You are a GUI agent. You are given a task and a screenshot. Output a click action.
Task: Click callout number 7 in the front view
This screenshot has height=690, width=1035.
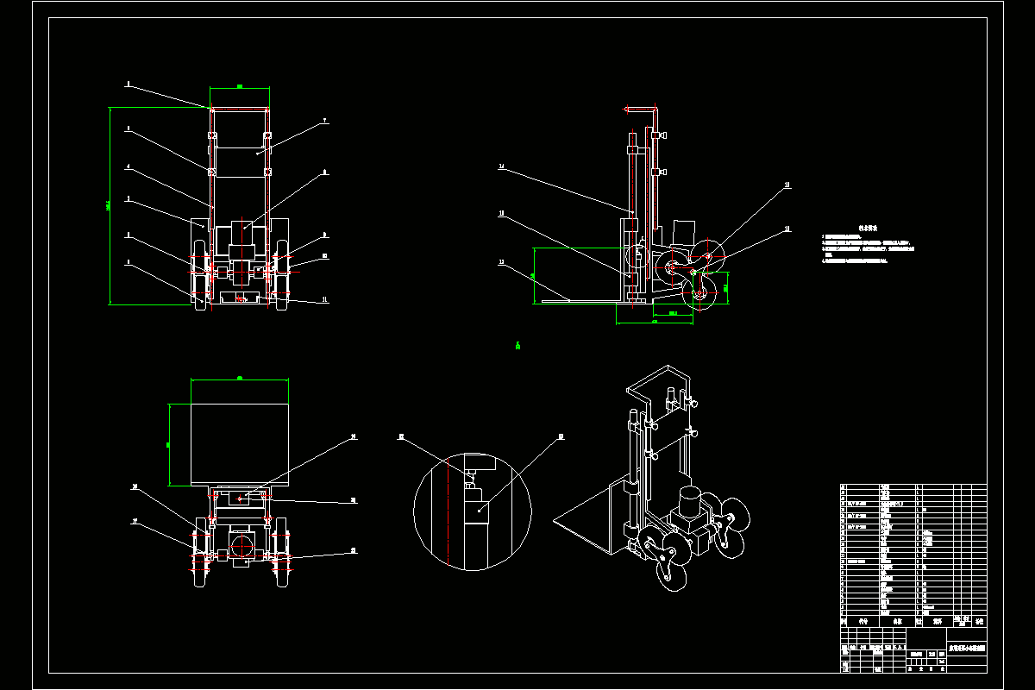click(324, 122)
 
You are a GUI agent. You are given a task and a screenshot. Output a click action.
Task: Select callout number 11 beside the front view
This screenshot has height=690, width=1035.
click(324, 299)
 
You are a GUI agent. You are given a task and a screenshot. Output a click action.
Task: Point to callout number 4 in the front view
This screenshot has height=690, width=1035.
click(128, 166)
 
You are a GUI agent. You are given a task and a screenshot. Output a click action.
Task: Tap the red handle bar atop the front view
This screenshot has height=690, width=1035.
click(240, 110)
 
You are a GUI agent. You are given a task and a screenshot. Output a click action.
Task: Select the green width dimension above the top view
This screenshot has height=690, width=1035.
click(239, 377)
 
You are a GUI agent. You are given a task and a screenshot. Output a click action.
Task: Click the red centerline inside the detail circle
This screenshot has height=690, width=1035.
click(449, 517)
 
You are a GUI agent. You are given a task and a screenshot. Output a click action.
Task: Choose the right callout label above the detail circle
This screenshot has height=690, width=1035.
click(561, 436)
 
